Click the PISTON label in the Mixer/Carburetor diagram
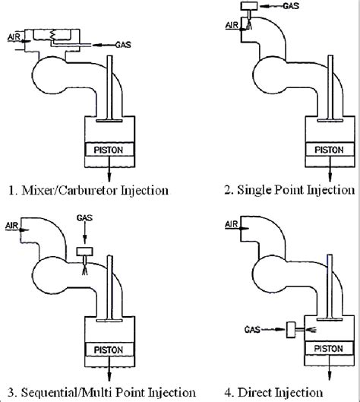coord(112,147)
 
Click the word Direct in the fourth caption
coord(266,392)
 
